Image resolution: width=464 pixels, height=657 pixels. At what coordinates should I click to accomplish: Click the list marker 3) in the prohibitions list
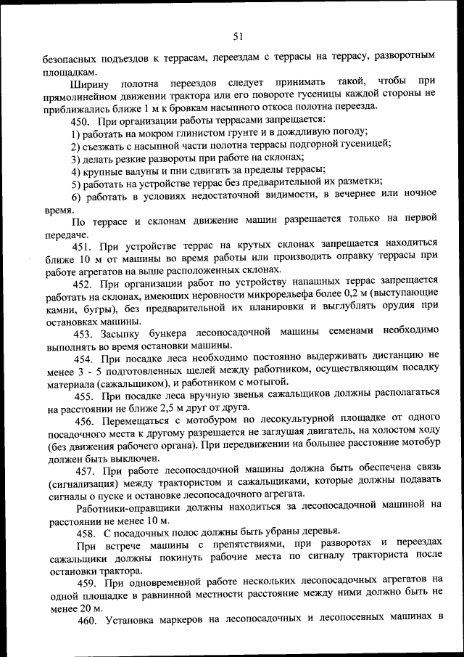(75, 158)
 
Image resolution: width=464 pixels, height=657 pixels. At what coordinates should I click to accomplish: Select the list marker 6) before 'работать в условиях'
(75, 197)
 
